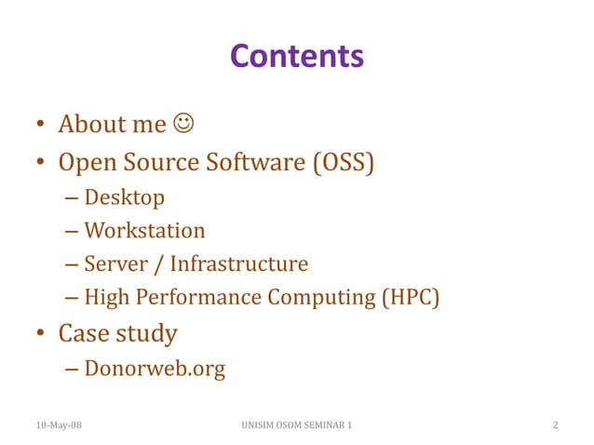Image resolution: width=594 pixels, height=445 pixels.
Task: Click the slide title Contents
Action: point(296,57)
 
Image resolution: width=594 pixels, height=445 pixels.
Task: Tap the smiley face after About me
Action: point(182,124)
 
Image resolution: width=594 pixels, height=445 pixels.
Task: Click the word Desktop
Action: point(124,197)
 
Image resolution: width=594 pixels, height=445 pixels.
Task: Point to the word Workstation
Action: point(144,230)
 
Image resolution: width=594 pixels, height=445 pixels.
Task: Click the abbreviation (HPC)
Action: point(408,298)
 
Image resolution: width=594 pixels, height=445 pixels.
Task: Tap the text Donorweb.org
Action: point(155,369)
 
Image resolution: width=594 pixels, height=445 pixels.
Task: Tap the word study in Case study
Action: point(148,332)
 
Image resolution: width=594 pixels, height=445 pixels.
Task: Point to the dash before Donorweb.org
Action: point(73,370)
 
